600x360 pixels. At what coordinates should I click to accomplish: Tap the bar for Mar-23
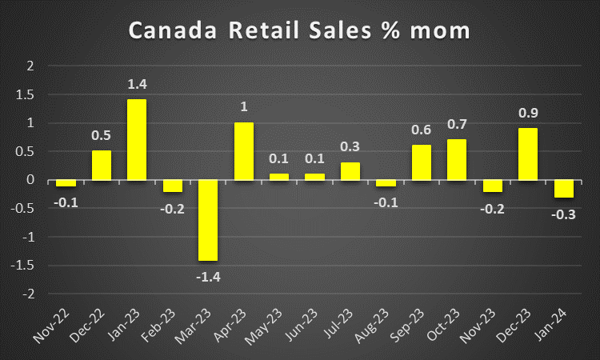[208, 220]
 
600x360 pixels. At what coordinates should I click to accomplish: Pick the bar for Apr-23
[244, 151]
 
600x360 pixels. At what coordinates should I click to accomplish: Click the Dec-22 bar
[102, 166]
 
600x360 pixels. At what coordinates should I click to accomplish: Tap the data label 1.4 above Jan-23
[137, 84]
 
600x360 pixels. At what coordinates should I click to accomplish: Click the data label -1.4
[208, 276]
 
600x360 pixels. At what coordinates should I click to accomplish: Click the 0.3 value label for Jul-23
[350, 147]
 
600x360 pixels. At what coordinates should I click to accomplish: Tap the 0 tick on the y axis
[31, 180]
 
